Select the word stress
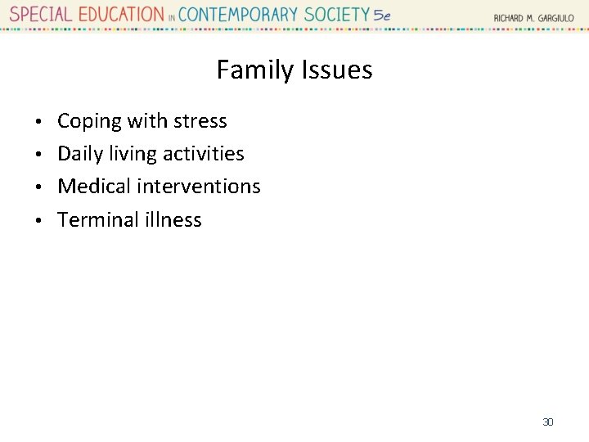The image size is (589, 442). pyautogui.click(x=200, y=121)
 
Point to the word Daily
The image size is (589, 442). pyautogui.click(x=80, y=154)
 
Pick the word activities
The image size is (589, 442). pyautogui.click(x=204, y=154)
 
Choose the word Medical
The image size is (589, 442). pyautogui.click(x=94, y=187)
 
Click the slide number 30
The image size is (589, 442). pyautogui.click(x=548, y=422)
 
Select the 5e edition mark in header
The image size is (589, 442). pyautogui.click(x=382, y=16)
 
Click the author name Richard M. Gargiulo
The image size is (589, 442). pyautogui.click(x=533, y=18)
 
